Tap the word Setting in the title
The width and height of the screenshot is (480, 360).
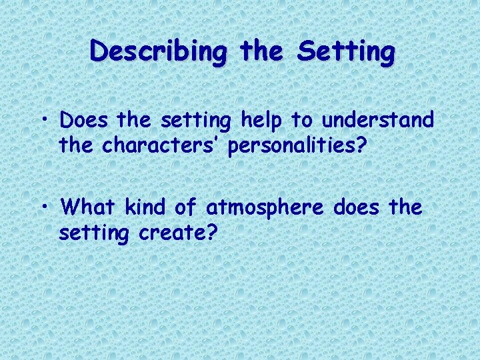[347, 52]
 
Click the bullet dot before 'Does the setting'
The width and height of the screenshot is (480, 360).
[49, 122]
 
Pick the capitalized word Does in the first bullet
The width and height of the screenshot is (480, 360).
[84, 121]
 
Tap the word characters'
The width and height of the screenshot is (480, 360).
[162, 145]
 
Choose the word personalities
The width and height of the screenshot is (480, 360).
[291, 147]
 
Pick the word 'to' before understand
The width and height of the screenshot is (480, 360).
[299, 121]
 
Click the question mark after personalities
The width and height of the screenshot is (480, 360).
[361, 145]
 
